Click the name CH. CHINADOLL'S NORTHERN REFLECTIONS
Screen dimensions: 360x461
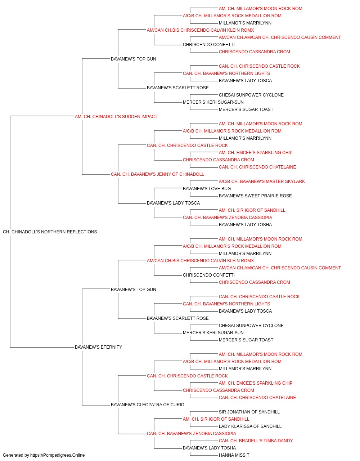tap(50, 232)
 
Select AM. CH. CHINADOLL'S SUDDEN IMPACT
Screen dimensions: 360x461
tap(116, 117)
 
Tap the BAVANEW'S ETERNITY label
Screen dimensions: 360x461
tap(98, 347)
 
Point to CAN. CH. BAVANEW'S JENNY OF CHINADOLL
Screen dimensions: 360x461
tap(157, 174)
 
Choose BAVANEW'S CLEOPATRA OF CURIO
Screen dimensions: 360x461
tap(148, 405)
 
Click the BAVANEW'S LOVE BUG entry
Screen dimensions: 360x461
tap(207, 189)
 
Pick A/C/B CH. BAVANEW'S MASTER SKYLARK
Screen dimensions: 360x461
tap(262, 182)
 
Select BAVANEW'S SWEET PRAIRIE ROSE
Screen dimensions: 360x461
tap(255, 196)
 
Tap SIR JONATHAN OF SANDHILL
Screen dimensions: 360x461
tap(249, 412)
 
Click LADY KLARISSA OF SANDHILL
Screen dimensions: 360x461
tap(250, 426)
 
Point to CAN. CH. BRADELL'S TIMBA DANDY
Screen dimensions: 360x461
tap(256, 441)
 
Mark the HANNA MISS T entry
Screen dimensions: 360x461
tap(234, 455)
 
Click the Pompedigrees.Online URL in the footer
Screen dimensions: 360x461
tap(57, 455)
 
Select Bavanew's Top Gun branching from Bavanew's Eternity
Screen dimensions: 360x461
tap(133, 290)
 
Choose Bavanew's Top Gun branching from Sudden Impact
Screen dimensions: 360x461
tap(133, 59)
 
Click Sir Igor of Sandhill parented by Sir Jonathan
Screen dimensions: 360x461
tap(216, 419)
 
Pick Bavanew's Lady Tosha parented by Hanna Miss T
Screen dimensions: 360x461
tap(209, 448)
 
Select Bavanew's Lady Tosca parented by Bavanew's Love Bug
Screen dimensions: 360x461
tap(173, 203)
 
